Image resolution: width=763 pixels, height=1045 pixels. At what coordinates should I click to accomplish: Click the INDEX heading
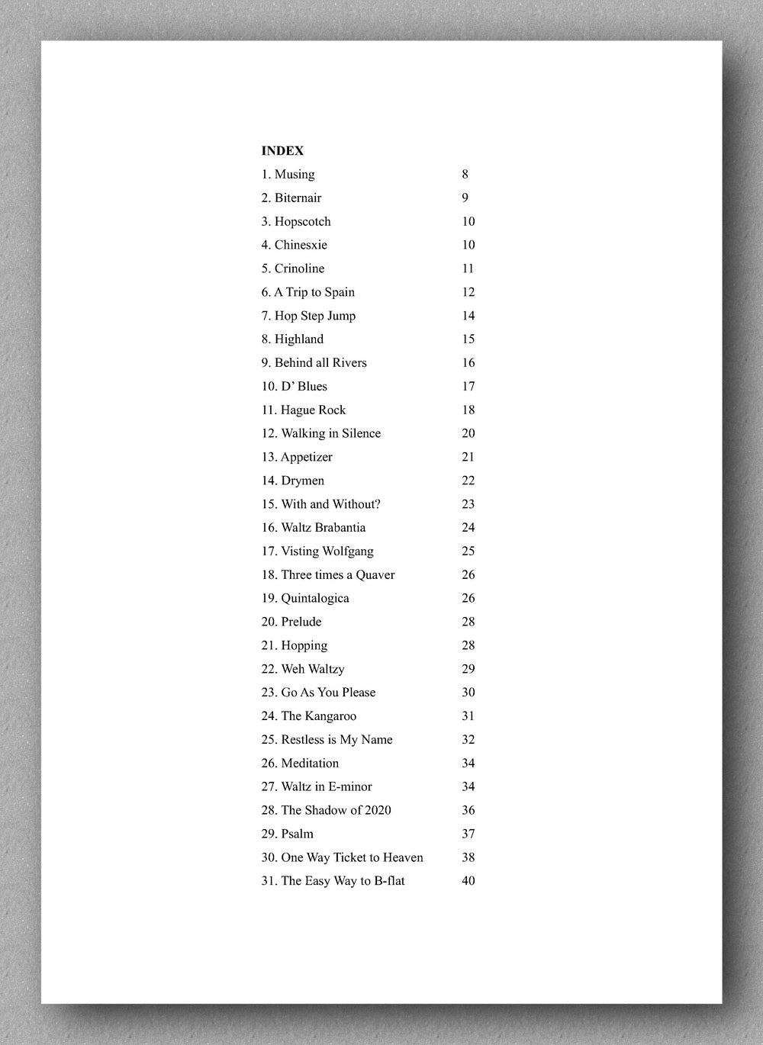282,151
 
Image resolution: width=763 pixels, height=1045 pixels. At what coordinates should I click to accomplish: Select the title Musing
294,175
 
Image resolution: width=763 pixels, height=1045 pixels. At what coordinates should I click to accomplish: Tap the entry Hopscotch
302,222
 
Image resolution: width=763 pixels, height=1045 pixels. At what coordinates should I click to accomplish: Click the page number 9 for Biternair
465,198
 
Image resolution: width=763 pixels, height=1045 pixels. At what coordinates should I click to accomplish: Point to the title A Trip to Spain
314,292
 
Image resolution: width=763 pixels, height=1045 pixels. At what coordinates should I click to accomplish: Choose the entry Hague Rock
313,410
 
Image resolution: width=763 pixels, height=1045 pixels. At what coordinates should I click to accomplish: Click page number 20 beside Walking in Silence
468,433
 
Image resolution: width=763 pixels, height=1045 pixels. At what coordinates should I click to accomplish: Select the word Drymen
302,481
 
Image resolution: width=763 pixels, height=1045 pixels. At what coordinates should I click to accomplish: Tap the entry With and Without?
330,504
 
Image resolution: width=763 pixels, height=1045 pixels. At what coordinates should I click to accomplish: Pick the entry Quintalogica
314,599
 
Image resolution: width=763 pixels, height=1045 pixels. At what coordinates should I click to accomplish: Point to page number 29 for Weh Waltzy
468,669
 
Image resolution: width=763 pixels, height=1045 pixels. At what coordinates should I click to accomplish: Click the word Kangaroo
331,716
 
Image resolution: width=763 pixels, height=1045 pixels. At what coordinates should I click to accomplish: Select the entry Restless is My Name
336,740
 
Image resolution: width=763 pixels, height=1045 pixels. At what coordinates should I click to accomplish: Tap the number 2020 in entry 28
377,810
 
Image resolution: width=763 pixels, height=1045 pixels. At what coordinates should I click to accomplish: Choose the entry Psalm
297,834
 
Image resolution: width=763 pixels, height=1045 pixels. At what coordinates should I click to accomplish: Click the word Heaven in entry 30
403,857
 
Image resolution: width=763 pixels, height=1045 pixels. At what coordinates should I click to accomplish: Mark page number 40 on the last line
468,881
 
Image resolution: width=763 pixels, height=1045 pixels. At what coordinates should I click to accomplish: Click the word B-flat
389,881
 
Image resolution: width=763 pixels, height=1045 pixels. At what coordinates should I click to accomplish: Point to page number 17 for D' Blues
468,387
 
